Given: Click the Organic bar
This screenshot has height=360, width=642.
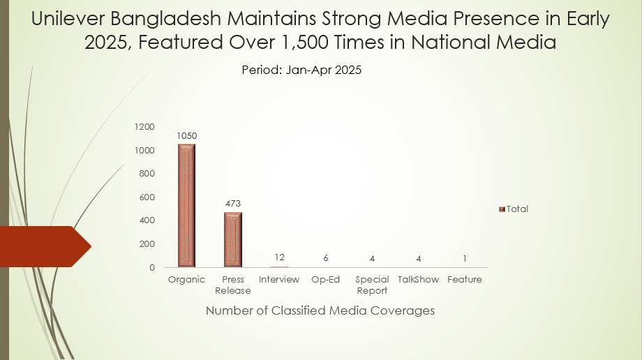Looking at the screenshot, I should click(186, 205).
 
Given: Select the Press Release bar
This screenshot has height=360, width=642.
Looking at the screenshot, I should click(232, 239).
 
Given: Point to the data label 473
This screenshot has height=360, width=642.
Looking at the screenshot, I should click(232, 204).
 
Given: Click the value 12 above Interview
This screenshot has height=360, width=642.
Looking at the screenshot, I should click(279, 257).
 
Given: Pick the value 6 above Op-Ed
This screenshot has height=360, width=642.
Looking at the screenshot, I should click(325, 258).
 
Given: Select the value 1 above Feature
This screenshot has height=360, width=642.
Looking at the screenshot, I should click(465, 258).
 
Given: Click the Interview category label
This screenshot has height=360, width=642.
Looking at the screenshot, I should click(279, 280).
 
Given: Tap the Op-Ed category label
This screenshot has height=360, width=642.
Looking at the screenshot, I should click(325, 280).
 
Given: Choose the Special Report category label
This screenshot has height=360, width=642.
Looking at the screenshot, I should click(372, 285).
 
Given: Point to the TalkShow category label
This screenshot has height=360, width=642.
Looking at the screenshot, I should click(418, 280).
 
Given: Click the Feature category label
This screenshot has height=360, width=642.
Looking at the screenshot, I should click(465, 280).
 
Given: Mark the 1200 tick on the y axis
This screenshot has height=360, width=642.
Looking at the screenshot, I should click(144, 126).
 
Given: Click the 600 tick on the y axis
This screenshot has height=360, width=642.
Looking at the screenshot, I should click(147, 197).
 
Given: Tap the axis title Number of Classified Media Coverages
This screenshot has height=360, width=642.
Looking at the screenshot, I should click(320, 310).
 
